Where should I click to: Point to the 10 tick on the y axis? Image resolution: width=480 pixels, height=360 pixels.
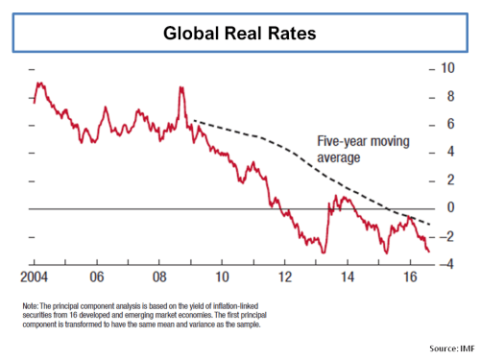[x=445, y=68]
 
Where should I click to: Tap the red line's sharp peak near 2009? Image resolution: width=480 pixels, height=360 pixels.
[x=180, y=88]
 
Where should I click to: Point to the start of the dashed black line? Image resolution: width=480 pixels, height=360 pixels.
[x=193, y=121]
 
